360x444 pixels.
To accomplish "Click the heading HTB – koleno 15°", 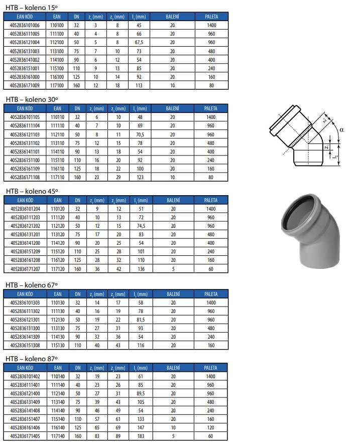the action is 32,8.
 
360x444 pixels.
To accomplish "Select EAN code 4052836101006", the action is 25,25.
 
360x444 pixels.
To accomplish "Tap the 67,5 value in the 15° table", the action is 139,42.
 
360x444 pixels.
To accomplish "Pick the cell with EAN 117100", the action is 57,85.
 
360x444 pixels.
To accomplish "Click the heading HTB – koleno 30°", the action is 32,99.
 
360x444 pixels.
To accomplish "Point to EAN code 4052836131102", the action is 25,143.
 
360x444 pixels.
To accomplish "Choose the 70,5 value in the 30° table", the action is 140,134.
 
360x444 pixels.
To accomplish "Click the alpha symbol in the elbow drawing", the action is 341,130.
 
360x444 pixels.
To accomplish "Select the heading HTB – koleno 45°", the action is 32,191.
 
